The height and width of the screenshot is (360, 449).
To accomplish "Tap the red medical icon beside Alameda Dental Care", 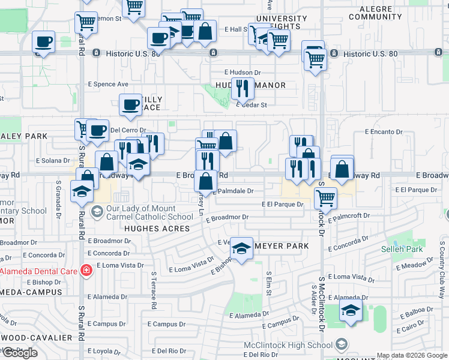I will tap(86, 271).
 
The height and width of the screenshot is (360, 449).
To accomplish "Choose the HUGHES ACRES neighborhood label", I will tap(157, 229).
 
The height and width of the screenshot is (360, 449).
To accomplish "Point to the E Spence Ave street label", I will tap(109, 84).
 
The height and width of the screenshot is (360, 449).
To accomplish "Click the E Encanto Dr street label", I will tap(383, 131).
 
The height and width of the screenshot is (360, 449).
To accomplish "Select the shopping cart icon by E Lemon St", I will tap(86, 22).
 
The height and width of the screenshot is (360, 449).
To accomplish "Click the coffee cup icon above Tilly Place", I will tap(130, 105).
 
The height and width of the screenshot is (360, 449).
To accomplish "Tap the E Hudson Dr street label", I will tap(243, 72).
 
